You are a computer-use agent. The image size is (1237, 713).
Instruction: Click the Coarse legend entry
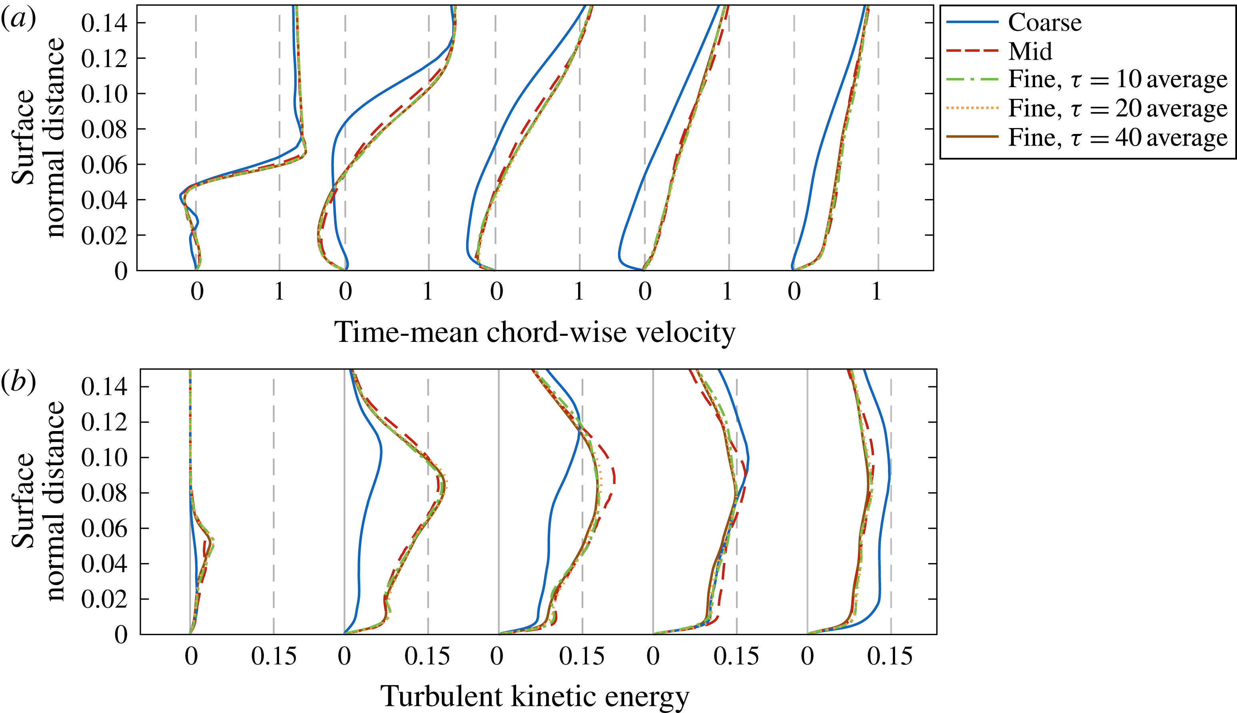click(x=1044, y=22)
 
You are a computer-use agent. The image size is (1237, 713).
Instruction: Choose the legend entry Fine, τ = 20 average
click(x=1117, y=108)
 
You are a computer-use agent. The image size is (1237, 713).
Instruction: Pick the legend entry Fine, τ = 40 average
click(x=1117, y=138)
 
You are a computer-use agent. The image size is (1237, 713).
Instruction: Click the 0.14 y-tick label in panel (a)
click(x=104, y=23)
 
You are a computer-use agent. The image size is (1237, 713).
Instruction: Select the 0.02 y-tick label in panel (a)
click(x=104, y=236)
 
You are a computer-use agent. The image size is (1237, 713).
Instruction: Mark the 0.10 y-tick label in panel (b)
click(x=104, y=458)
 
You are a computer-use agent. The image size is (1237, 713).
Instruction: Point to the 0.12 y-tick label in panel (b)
click(x=104, y=422)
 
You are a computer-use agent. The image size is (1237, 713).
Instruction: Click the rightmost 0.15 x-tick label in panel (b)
click(x=890, y=656)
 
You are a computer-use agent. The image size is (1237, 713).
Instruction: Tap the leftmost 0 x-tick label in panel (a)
click(x=197, y=292)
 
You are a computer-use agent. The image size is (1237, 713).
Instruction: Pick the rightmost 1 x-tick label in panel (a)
click(x=877, y=292)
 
